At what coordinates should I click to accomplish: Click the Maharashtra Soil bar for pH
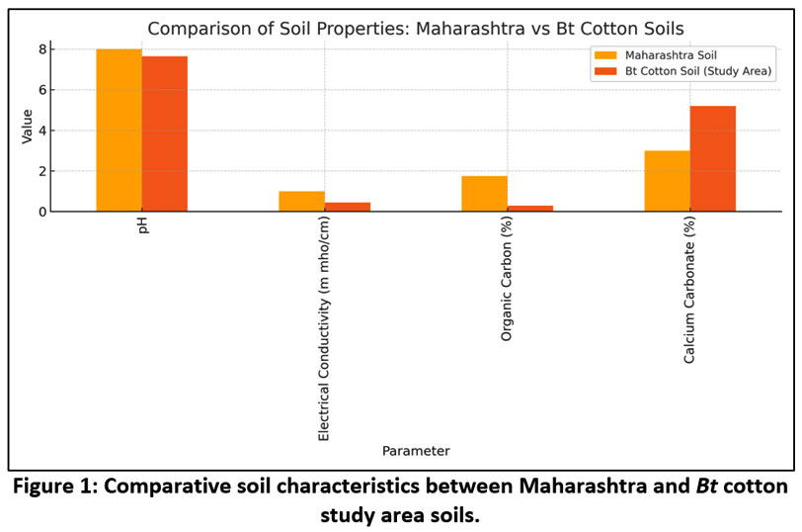pos(119,130)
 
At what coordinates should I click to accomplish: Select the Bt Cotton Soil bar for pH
pos(164,133)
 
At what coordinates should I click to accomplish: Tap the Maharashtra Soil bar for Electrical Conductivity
pos(301,201)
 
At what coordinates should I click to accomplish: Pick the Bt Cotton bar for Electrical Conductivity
pos(347,207)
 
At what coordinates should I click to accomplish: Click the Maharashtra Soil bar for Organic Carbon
pos(484,194)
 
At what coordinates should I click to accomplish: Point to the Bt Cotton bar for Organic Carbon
pos(529,208)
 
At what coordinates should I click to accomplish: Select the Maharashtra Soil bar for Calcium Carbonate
pos(667,181)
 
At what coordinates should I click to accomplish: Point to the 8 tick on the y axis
pos(42,49)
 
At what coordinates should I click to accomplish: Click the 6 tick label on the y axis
pos(42,90)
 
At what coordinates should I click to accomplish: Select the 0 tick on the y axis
pos(42,212)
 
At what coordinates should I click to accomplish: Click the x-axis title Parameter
pos(416,451)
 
